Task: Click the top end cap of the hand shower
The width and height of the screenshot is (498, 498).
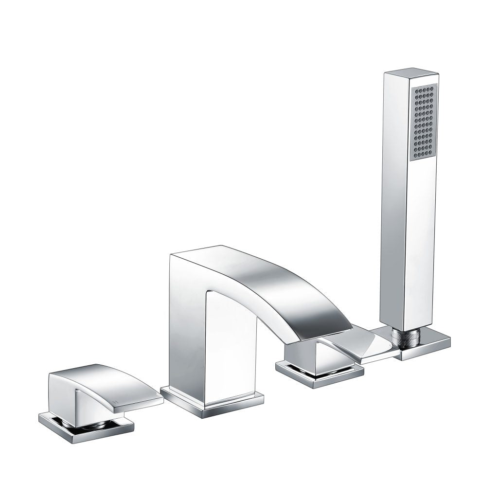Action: (411, 75)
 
